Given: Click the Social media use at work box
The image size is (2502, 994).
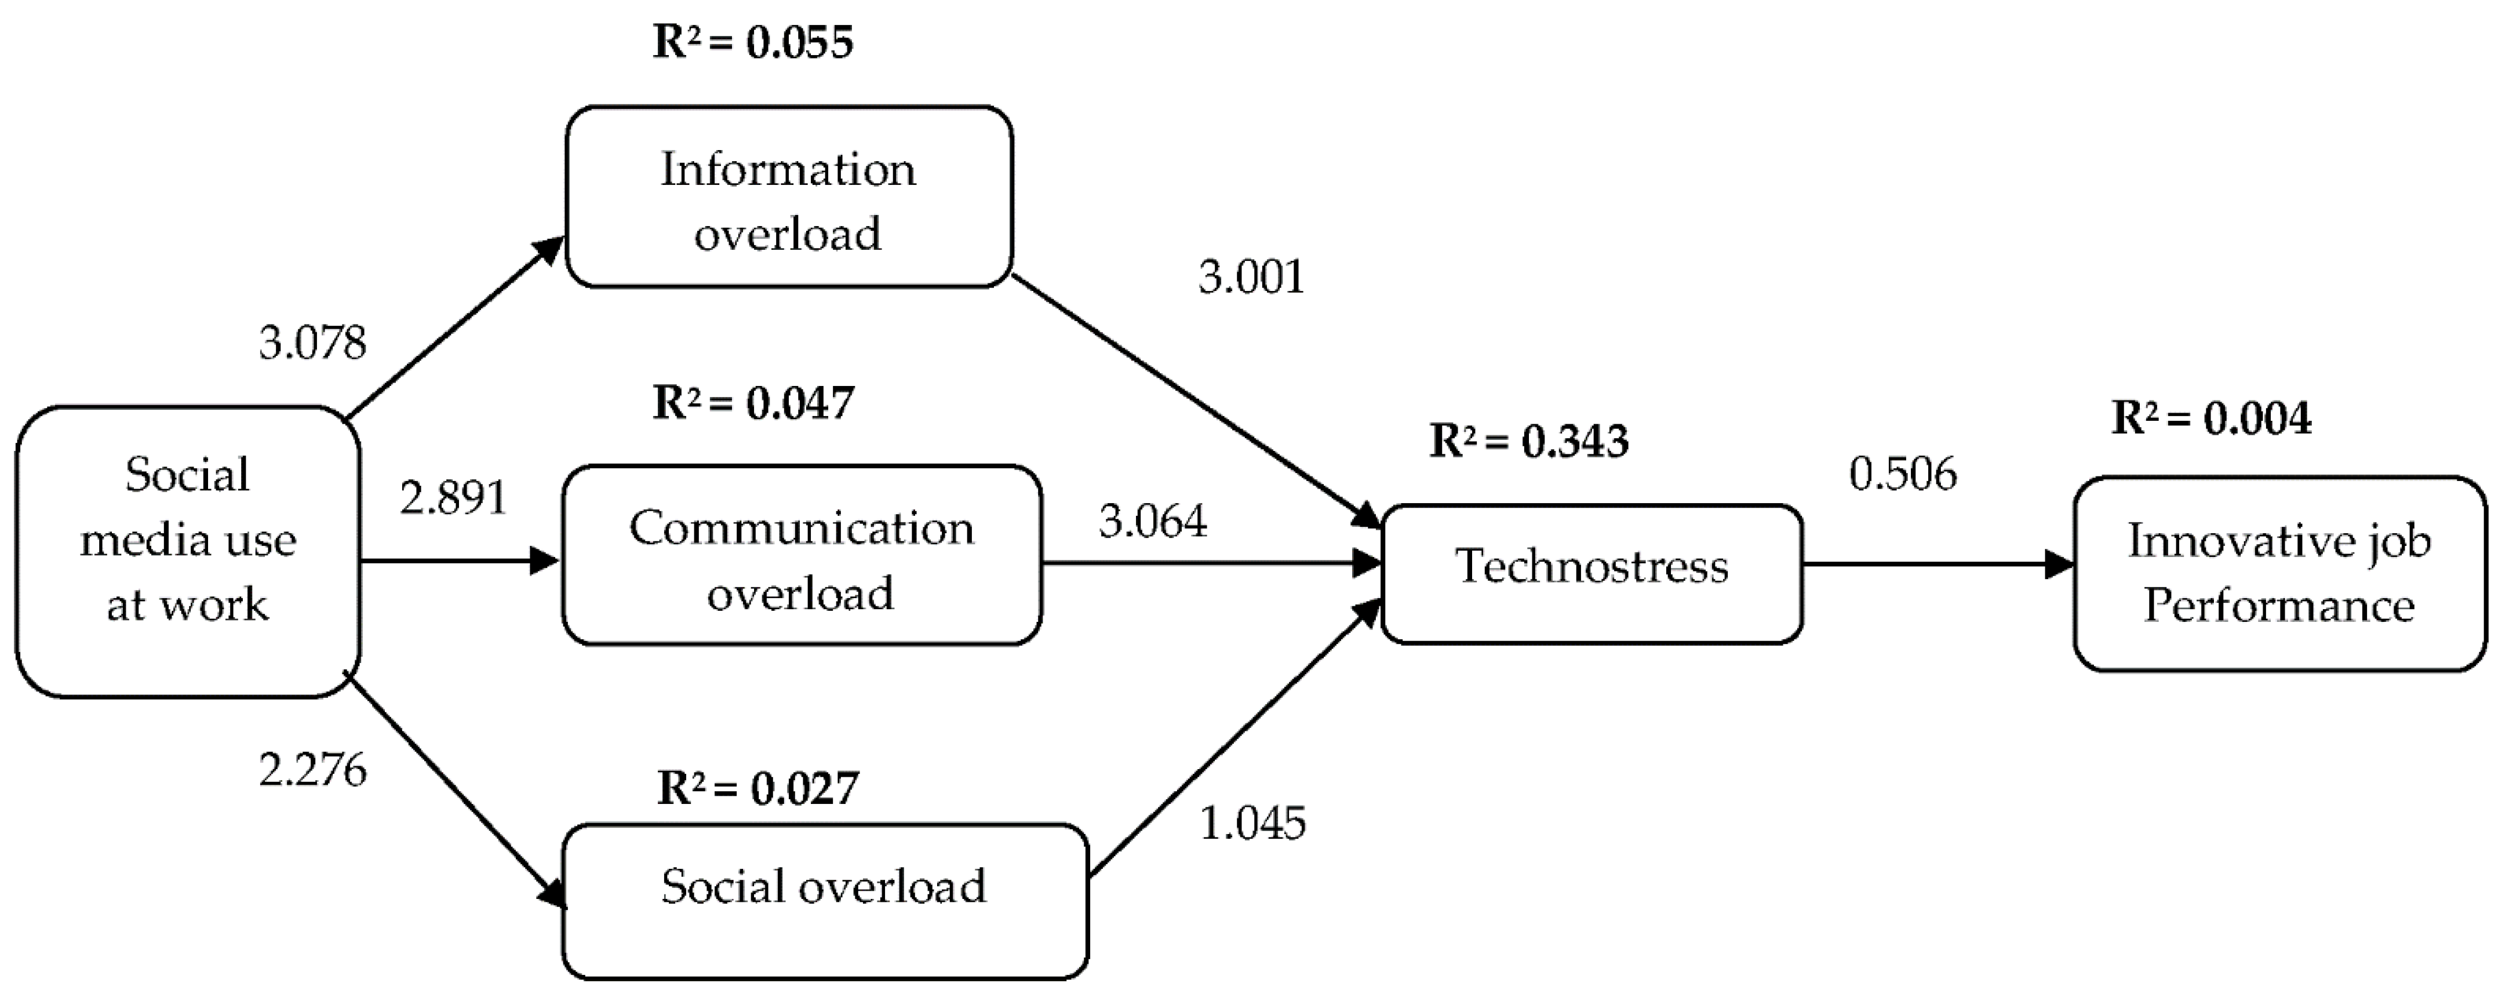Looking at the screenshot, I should point(187,551).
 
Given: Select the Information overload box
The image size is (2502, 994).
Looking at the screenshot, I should point(789,197).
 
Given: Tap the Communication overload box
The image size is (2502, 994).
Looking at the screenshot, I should point(802,555).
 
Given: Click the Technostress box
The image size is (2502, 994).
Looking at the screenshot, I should point(1591,573).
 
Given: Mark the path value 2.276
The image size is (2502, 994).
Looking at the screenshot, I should point(313,770).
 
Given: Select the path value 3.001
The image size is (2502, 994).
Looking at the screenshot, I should point(1251,277).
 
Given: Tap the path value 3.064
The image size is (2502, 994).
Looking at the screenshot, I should point(1153,521).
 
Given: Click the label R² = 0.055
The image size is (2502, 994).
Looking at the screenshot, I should point(753,42).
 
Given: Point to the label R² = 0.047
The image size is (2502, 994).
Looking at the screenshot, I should point(753,402).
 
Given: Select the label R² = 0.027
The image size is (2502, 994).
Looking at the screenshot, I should point(757,787).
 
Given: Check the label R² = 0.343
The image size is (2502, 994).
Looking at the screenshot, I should point(1529,441).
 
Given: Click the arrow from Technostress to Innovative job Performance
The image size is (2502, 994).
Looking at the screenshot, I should point(1937,563).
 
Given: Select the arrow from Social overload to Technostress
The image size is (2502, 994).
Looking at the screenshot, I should point(1233,738).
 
